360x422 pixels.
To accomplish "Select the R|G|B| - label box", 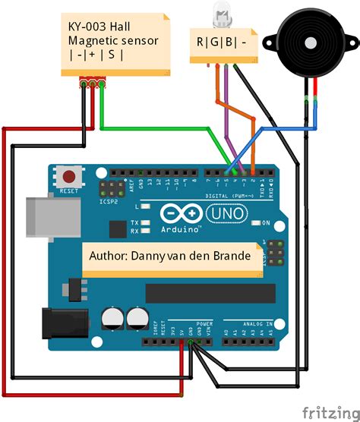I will [x=226, y=43].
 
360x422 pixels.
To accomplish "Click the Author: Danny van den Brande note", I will [x=170, y=256].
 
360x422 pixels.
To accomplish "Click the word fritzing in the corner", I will [x=330, y=411].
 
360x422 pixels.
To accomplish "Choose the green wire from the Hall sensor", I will [x=152, y=128].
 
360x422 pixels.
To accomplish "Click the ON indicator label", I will [x=266, y=223].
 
